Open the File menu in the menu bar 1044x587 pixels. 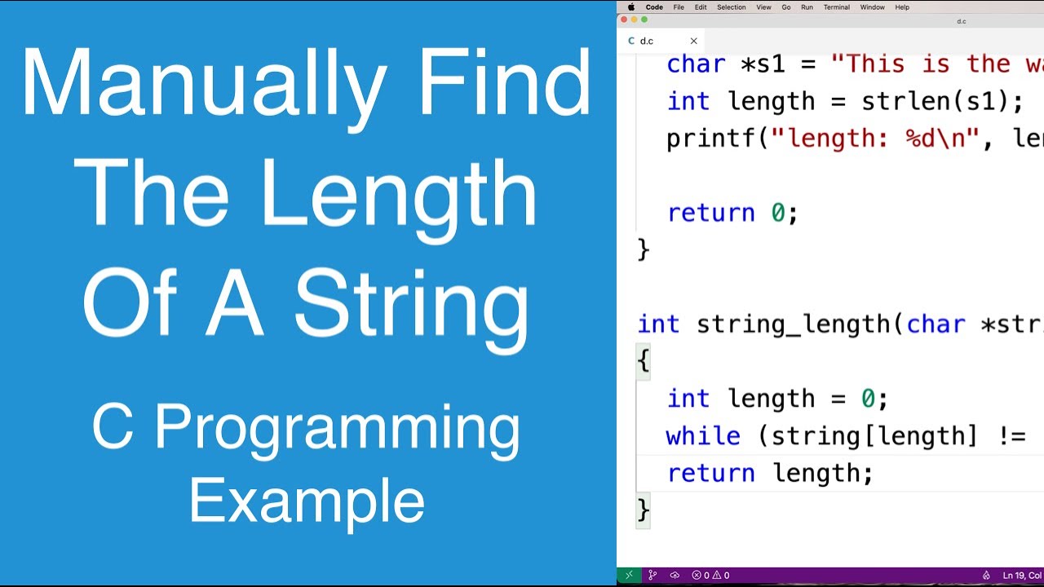coord(679,7)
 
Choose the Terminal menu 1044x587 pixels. coord(836,7)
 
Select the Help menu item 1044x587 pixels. coord(902,7)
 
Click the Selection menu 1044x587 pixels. coord(731,7)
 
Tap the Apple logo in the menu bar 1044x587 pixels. coord(630,7)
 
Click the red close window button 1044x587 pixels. coord(624,20)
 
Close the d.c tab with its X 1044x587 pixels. coord(693,41)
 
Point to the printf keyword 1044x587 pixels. coord(711,139)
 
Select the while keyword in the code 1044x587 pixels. coord(702,435)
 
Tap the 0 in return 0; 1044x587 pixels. coord(778,213)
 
